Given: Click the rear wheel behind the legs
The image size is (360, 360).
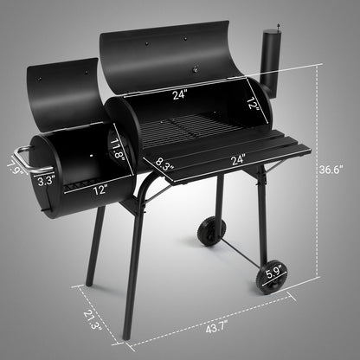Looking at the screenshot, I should point(210,230).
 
